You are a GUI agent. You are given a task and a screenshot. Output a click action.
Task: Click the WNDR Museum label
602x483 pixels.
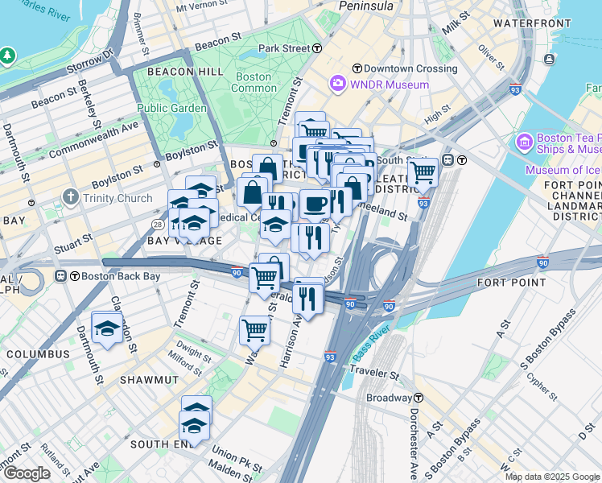click(389, 85)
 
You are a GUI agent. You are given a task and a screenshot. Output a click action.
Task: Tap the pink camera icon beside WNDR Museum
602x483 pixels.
click(337, 84)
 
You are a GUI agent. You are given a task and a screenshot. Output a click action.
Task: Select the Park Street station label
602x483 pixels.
click(284, 48)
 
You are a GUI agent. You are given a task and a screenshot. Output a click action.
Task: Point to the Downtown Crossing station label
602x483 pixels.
click(410, 68)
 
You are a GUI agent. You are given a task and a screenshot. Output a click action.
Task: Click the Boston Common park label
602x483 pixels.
click(253, 82)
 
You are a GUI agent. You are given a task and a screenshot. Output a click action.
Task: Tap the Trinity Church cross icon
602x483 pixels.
click(71, 197)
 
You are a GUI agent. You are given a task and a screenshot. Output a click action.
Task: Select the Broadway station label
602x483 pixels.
click(389, 398)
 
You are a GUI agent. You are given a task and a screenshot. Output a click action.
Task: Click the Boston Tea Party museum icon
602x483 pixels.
click(525, 142)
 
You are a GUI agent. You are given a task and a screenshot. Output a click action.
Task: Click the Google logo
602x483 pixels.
click(27, 473)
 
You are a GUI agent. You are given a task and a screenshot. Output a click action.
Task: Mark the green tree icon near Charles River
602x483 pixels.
click(8, 55)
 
